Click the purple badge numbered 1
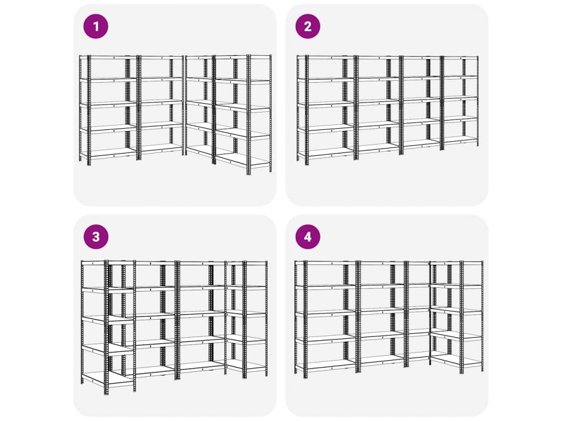tap(95, 26)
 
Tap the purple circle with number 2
tap(308, 26)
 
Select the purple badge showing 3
tap(95, 237)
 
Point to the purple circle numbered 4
tap(308, 237)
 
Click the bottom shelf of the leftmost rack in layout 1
tap(108, 153)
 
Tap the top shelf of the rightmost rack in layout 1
tap(242, 56)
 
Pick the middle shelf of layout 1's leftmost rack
tap(108, 105)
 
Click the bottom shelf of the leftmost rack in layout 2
tap(325, 153)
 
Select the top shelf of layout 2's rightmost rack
tap(460, 57)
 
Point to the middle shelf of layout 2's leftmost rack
tap(325, 104)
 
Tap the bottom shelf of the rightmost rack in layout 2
tap(460, 140)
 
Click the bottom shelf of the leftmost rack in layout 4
tap(325, 364)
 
